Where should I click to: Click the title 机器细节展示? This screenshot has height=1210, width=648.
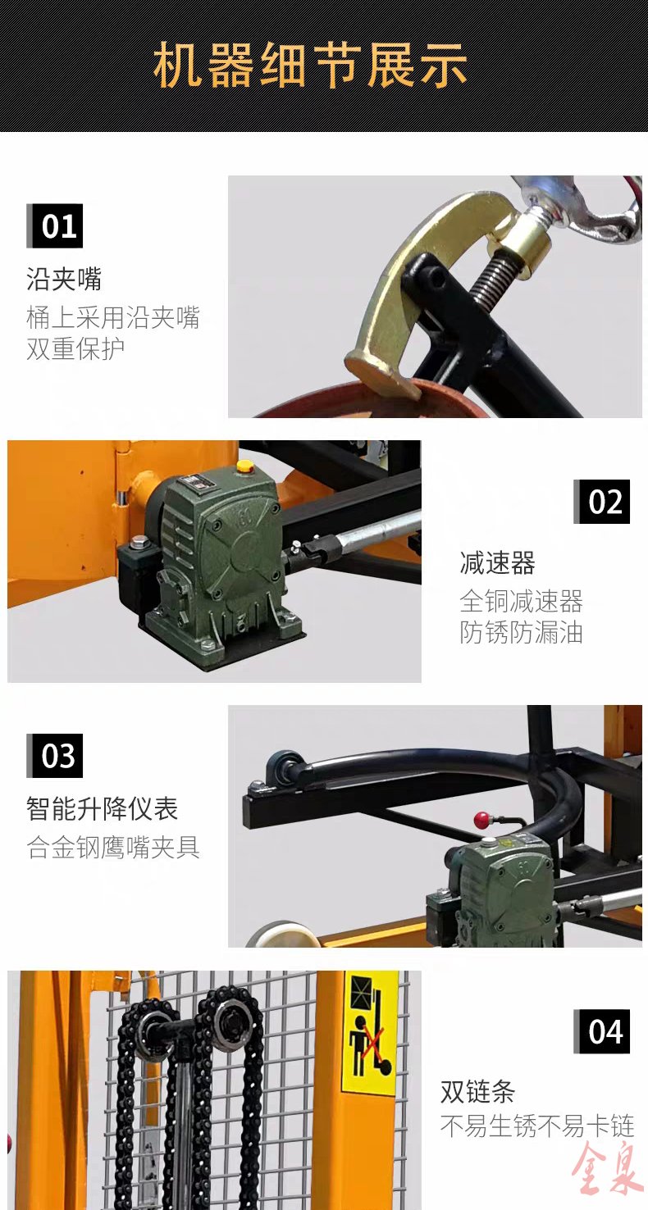(x=310, y=66)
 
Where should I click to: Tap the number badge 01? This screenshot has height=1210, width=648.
(x=55, y=225)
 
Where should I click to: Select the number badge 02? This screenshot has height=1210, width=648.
(x=601, y=501)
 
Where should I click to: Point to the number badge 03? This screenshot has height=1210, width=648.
(x=55, y=755)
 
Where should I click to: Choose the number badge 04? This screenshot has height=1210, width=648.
(x=601, y=1030)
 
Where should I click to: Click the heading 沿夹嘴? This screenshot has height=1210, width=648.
(x=64, y=279)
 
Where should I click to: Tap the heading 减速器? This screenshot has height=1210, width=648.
(x=497, y=562)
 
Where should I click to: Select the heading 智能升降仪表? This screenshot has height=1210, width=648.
(x=103, y=808)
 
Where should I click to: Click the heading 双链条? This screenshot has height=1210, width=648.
(x=477, y=1091)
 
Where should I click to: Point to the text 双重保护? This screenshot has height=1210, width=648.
(x=75, y=348)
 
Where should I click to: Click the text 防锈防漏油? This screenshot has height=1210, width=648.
(x=521, y=632)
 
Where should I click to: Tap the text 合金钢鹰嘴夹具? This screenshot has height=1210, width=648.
(x=113, y=847)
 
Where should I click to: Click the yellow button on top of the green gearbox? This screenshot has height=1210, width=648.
(x=244, y=466)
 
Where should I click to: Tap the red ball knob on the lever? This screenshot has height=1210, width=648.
(x=481, y=820)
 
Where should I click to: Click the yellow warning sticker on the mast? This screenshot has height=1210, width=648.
(x=370, y=1034)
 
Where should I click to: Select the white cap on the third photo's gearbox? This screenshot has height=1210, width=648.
(x=489, y=842)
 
